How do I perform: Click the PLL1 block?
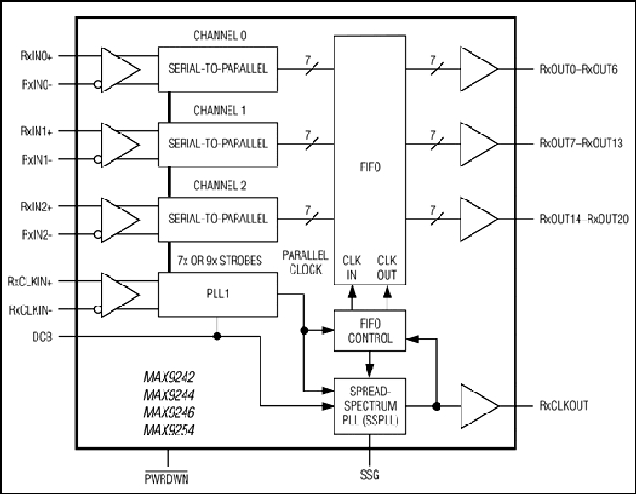click(217, 295)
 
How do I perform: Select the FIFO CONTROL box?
click(369, 331)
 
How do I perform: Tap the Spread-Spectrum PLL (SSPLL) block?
click(369, 406)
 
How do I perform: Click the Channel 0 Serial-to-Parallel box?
click(217, 69)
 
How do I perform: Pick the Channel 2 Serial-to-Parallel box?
click(217, 220)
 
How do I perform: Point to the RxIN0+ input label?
click(37, 56)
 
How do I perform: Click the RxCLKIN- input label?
click(31, 310)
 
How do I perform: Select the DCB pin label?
click(43, 337)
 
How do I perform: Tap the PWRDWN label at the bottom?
click(166, 478)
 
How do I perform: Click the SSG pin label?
click(369, 475)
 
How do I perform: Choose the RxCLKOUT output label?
click(564, 405)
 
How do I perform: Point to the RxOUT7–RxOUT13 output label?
click(581, 144)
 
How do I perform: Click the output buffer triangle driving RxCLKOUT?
click(479, 406)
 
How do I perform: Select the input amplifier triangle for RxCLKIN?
click(121, 295)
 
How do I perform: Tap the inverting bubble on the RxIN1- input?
click(98, 159)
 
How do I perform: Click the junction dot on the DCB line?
click(217, 337)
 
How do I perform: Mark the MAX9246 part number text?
click(169, 413)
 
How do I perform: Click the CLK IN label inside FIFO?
click(351, 268)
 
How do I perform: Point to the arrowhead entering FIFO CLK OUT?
click(387, 291)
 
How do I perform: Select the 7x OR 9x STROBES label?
click(220, 261)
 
